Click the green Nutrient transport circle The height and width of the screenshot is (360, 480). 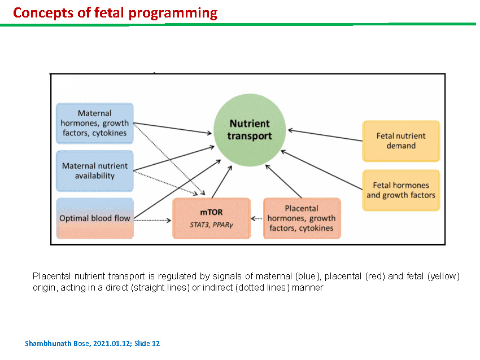(250, 130)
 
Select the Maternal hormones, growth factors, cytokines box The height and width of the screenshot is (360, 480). (95, 123)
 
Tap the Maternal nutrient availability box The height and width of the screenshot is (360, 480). (95, 170)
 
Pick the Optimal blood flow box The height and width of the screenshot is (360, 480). (95, 218)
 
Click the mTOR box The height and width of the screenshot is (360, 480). (212, 218)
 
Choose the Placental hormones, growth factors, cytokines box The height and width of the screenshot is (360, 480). (302, 218)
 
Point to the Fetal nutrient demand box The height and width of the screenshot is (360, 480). (401, 141)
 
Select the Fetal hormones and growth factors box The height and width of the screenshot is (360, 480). (401, 190)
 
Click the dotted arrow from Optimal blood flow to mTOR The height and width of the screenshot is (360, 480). (152, 220)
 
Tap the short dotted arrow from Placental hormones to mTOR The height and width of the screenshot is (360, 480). (256, 218)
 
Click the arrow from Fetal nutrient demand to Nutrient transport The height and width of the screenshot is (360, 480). (325, 135)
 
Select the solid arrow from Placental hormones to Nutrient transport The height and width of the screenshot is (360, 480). (283, 181)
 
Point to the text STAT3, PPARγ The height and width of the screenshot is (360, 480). (211, 225)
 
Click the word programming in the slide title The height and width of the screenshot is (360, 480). (173, 14)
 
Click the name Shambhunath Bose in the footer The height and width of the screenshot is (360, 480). (57, 344)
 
